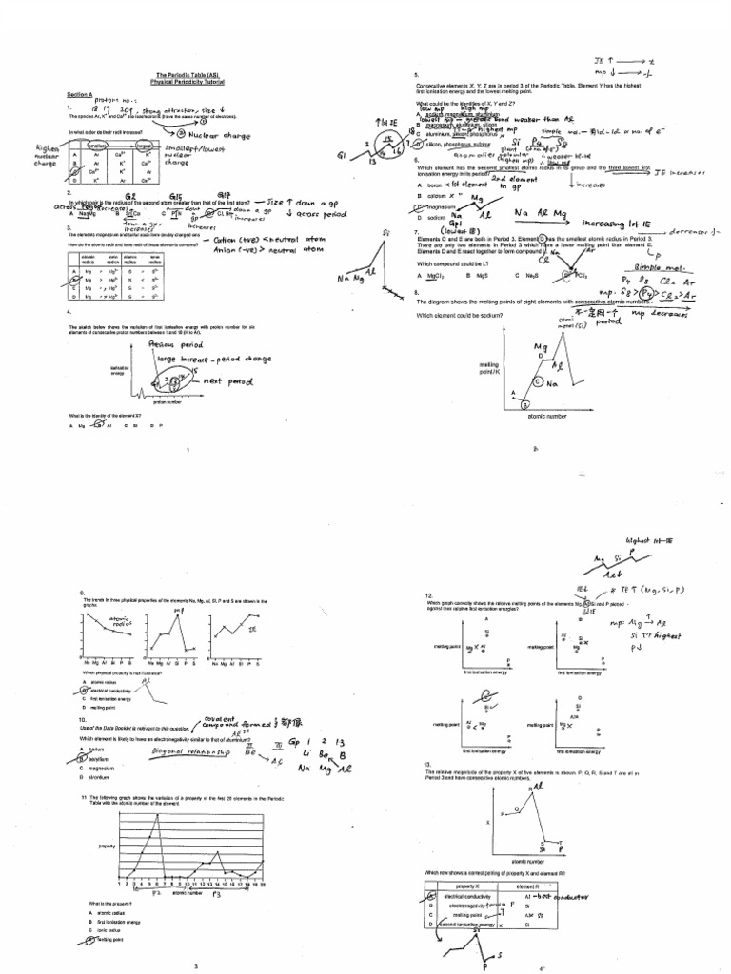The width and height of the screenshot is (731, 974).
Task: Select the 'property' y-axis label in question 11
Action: pyautogui.click(x=107, y=845)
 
